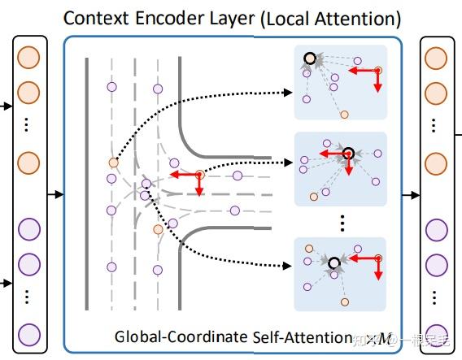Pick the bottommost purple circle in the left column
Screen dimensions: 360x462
click(28, 333)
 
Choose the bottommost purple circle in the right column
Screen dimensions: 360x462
click(436, 333)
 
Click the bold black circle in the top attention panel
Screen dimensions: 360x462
click(311, 59)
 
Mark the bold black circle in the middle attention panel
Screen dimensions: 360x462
click(348, 152)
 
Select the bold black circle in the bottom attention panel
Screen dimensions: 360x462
click(333, 262)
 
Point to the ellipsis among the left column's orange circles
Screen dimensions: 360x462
click(28, 126)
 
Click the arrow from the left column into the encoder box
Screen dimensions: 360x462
click(56, 194)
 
